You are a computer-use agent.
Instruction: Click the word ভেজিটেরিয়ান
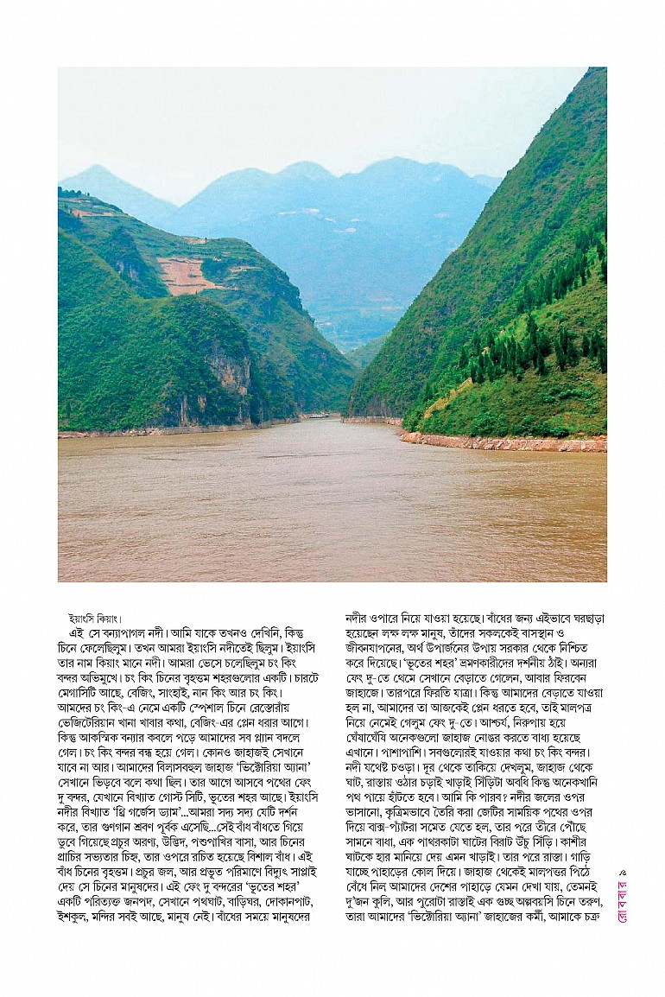(92, 723)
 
